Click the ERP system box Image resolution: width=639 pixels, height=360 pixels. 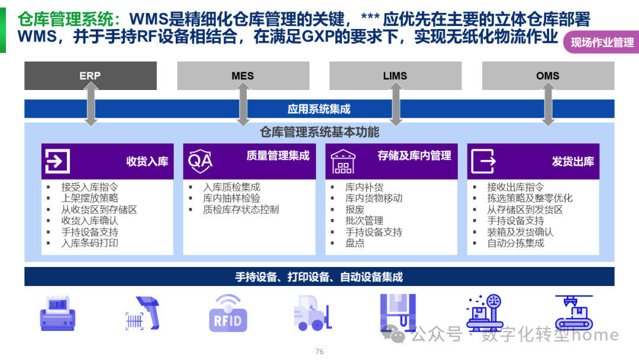pyautogui.click(x=90, y=76)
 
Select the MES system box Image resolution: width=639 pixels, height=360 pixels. pyautogui.click(x=243, y=76)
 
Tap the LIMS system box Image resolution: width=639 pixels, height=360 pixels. pyautogui.click(x=395, y=76)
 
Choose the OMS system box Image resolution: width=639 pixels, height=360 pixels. pyautogui.click(x=548, y=76)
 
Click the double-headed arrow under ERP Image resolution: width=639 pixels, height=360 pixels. pyautogui.click(x=91, y=104)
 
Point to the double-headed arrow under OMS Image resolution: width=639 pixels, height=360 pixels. pyautogui.click(x=548, y=104)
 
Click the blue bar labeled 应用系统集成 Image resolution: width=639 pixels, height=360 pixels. pyautogui.click(x=319, y=109)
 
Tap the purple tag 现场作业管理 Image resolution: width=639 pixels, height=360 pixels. pyautogui.click(x=602, y=43)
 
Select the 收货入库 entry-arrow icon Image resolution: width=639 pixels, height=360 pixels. pyautogui.click(x=57, y=161)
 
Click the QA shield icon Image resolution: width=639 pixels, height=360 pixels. pyautogui.click(x=200, y=161)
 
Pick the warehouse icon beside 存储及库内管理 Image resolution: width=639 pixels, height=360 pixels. pyautogui.click(x=343, y=161)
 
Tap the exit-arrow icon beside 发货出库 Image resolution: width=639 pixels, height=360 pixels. pyautogui.click(x=483, y=161)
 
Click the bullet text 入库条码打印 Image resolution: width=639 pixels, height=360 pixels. pyautogui.click(x=90, y=243)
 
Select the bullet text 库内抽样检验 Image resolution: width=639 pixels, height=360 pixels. pyautogui.click(x=231, y=198)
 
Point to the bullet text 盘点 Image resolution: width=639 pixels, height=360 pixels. pyautogui.click(x=355, y=243)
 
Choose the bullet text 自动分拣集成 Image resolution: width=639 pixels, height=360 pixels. pyautogui.click(x=515, y=243)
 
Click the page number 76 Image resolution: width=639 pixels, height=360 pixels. pyautogui.click(x=319, y=351)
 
